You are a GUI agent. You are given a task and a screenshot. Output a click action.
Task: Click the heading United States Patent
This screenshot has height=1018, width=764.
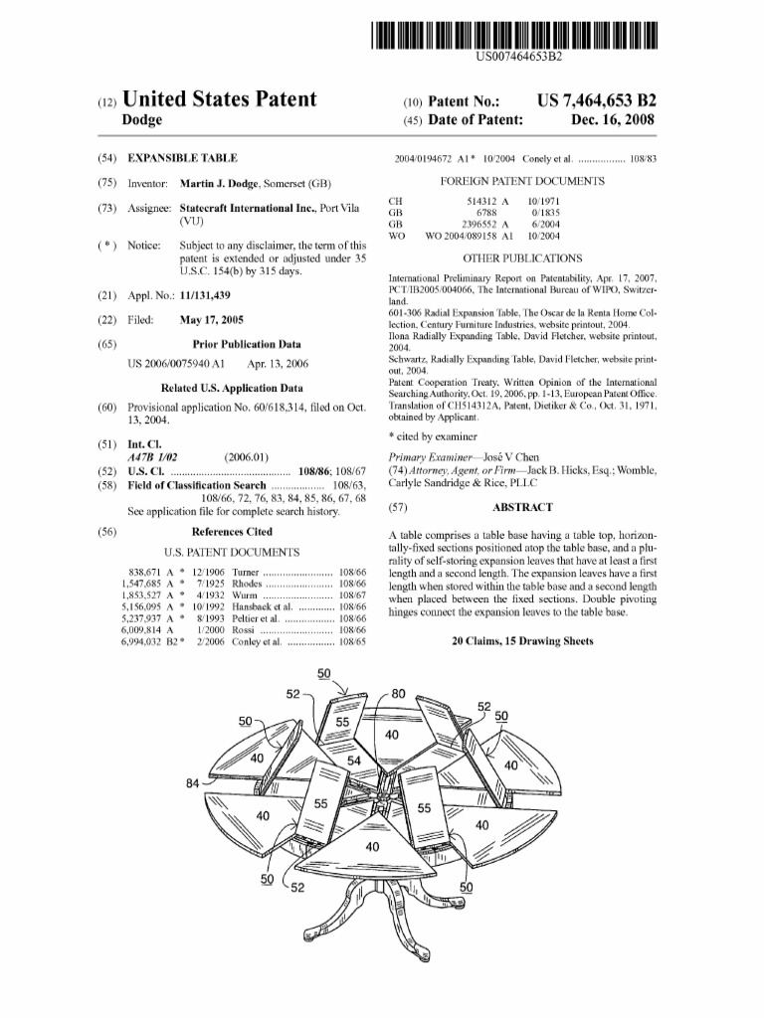(219, 99)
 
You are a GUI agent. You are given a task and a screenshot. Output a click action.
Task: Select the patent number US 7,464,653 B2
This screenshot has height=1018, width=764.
(596, 100)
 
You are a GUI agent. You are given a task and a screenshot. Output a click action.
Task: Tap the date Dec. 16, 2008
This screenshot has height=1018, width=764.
(614, 120)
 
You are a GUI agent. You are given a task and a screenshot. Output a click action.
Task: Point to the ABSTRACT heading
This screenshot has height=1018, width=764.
(523, 507)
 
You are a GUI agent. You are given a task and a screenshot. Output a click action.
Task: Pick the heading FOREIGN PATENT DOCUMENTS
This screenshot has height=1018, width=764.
(522, 181)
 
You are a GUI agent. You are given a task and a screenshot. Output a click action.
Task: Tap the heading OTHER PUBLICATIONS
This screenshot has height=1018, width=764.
(522, 257)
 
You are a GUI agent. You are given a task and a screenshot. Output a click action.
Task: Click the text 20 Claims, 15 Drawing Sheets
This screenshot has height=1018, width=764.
(522, 641)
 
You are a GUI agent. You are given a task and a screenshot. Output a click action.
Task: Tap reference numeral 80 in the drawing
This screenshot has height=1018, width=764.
(399, 693)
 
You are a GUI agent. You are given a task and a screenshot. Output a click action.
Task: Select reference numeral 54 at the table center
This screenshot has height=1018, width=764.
(354, 761)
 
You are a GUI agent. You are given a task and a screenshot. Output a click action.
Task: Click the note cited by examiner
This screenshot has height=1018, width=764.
(433, 435)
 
